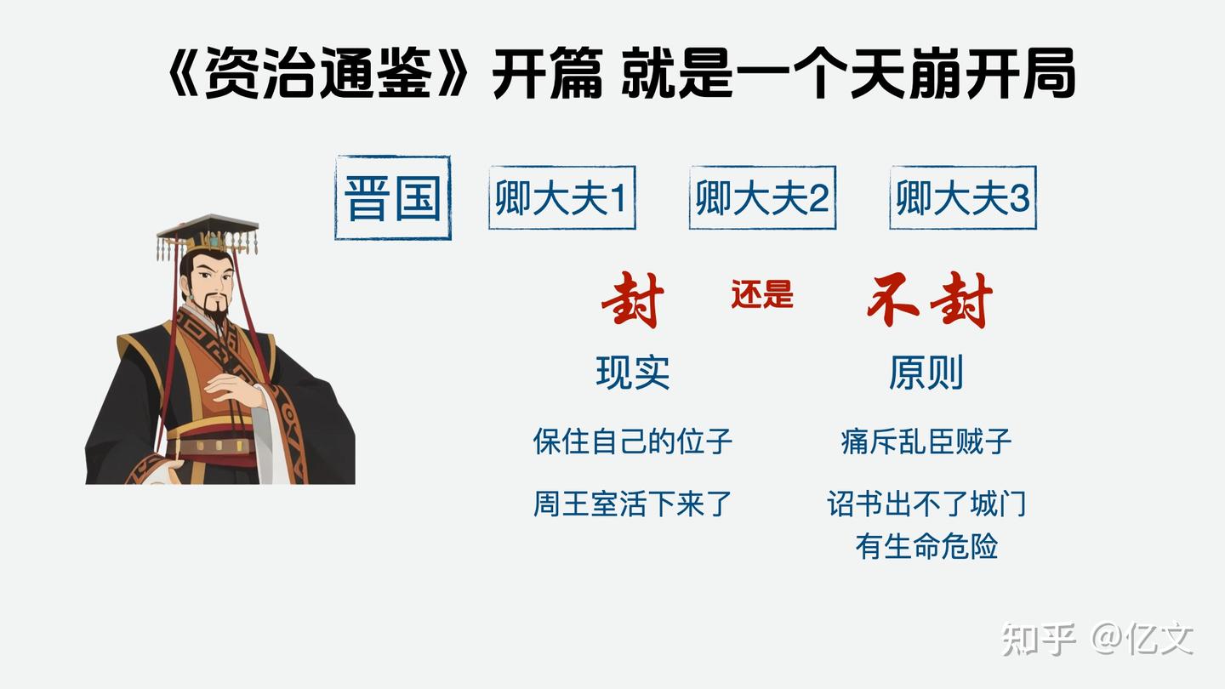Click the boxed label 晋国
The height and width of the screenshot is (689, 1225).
[x=393, y=198]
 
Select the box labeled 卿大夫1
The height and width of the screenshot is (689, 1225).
[x=561, y=198]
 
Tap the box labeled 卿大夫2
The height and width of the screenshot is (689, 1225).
[x=762, y=198]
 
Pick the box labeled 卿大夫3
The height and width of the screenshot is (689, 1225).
[x=963, y=198]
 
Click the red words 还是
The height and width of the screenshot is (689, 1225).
[x=761, y=294]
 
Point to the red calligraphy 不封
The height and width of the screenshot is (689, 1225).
[x=930, y=301]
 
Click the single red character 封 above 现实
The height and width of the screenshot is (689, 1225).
[x=633, y=301]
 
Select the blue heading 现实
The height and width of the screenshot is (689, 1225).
[x=633, y=373]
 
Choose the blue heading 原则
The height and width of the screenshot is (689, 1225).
[x=926, y=373]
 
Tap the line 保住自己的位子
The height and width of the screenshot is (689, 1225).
[x=633, y=441]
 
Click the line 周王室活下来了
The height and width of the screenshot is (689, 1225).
[x=633, y=504]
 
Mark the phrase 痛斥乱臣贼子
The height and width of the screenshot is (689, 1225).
[x=926, y=441]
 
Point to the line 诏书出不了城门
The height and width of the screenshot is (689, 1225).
[x=926, y=504]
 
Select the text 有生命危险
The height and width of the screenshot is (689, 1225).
[x=926, y=546]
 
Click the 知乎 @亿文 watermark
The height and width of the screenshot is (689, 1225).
[x=1097, y=639]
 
